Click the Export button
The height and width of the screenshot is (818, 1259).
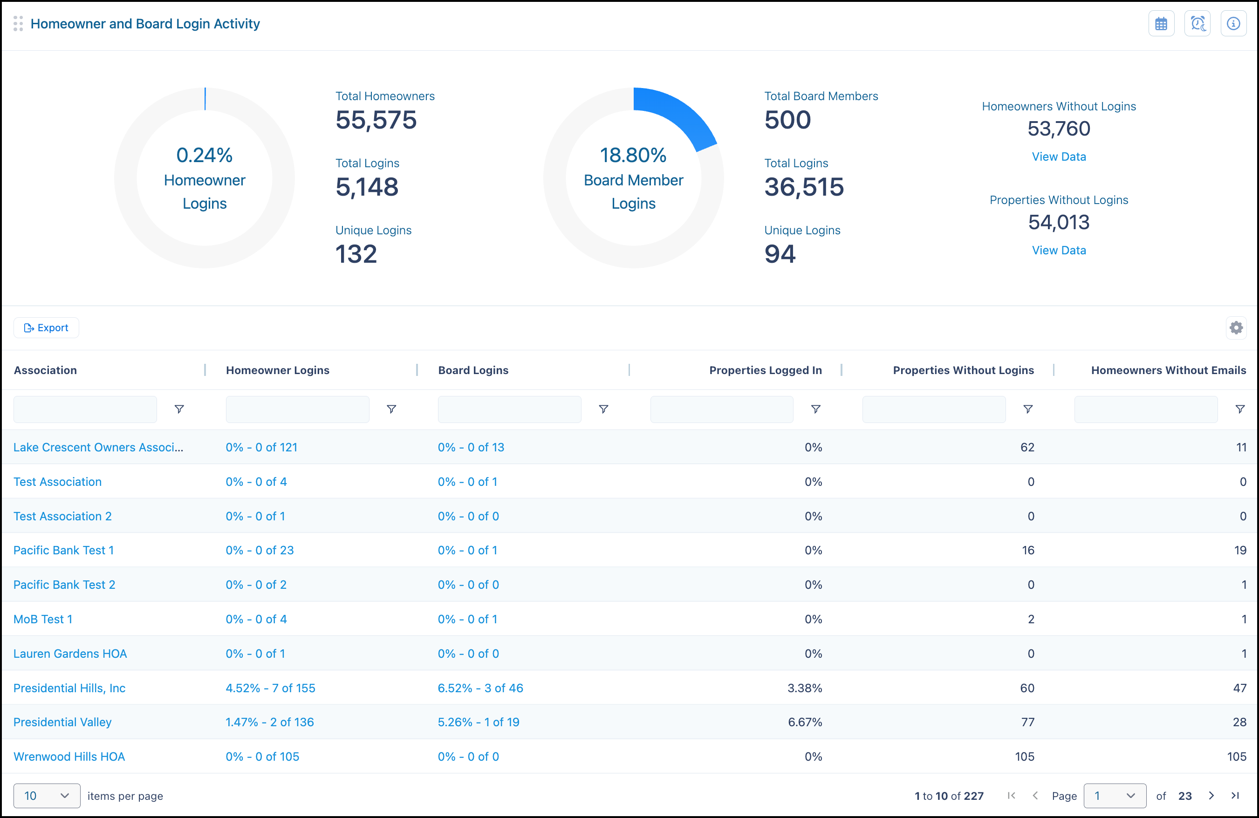coord(47,328)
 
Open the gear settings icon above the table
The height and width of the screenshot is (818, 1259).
coord(1236,328)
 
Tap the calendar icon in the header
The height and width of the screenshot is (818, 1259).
coord(1161,24)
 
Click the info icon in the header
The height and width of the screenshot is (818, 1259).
coord(1233,24)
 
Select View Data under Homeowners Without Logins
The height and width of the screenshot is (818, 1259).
coord(1059,157)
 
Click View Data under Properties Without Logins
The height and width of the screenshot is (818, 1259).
coord(1059,250)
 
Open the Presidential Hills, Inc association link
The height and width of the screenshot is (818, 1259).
coord(69,688)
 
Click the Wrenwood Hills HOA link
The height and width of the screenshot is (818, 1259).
coord(69,757)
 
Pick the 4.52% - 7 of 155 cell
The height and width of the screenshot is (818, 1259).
coord(270,688)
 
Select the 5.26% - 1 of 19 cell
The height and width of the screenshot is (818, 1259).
coord(479,723)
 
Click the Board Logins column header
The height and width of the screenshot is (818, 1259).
coord(473,370)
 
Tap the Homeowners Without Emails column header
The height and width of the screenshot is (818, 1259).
coord(1169,370)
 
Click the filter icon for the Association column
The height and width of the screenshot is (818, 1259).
coord(179,409)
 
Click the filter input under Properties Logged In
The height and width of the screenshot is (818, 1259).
coord(722,409)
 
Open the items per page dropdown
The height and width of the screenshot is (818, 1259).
coord(47,796)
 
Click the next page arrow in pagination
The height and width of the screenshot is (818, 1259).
coord(1211,796)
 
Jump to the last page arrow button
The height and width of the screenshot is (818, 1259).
coord(1235,796)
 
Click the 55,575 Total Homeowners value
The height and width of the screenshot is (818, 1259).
coord(376,120)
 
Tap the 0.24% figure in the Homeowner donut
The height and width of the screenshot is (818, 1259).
coord(205,155)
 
